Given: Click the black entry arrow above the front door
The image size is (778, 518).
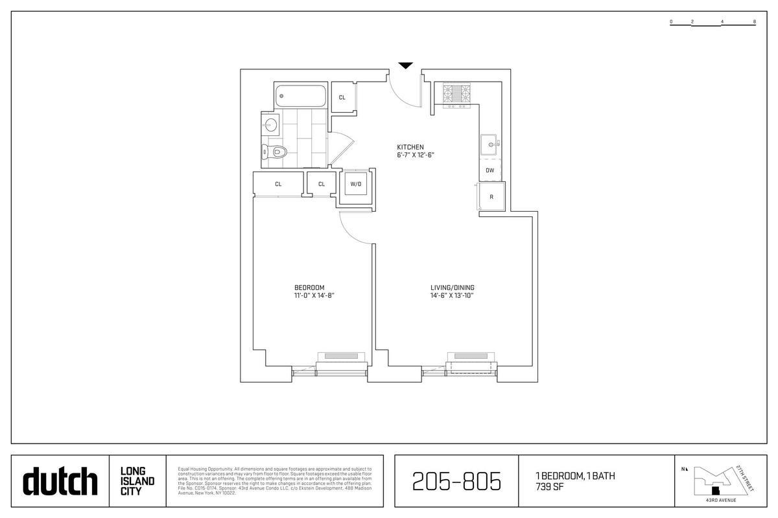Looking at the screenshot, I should coord(405,65).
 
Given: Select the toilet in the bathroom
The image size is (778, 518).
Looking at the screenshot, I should coord(275,153).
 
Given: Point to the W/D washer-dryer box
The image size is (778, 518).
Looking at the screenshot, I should coord(355,184).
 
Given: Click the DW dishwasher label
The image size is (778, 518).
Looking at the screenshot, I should coord(490,170).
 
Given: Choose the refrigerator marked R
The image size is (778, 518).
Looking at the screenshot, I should coord(491,197).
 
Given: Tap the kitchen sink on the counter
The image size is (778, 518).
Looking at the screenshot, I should coord(490,145).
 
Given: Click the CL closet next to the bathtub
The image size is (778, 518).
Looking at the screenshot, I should coord(342,98).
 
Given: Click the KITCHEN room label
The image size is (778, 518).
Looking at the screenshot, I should coord(410,147).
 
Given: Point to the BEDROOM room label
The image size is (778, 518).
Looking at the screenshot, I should coord(309,287).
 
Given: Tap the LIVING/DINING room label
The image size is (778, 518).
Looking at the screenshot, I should coord(453,287).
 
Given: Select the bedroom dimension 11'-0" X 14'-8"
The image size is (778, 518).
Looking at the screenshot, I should coord(314,296).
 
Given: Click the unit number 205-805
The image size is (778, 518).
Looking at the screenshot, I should coord(456,482).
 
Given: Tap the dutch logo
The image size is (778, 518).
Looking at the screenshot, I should coord(60,481).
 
